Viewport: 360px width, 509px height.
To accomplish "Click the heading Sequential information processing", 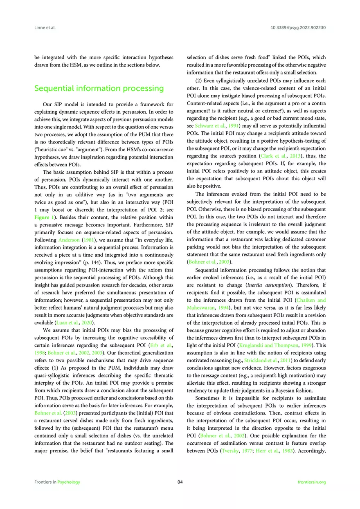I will (x=99, y=88).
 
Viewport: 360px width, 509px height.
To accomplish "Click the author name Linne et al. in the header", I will (x=45, y=28).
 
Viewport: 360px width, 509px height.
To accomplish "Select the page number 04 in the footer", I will (x=180, y=482).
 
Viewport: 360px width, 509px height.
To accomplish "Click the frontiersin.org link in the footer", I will (x=312, y=482).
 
